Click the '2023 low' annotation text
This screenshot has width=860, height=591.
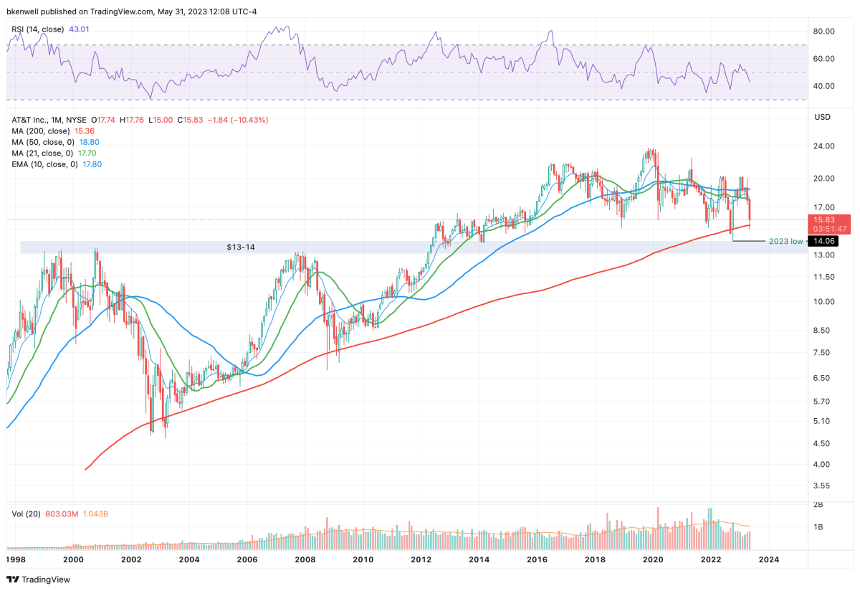pos(785,241)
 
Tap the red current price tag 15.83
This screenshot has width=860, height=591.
pos(826,219)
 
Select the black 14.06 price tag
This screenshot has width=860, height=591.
pos(826,241)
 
